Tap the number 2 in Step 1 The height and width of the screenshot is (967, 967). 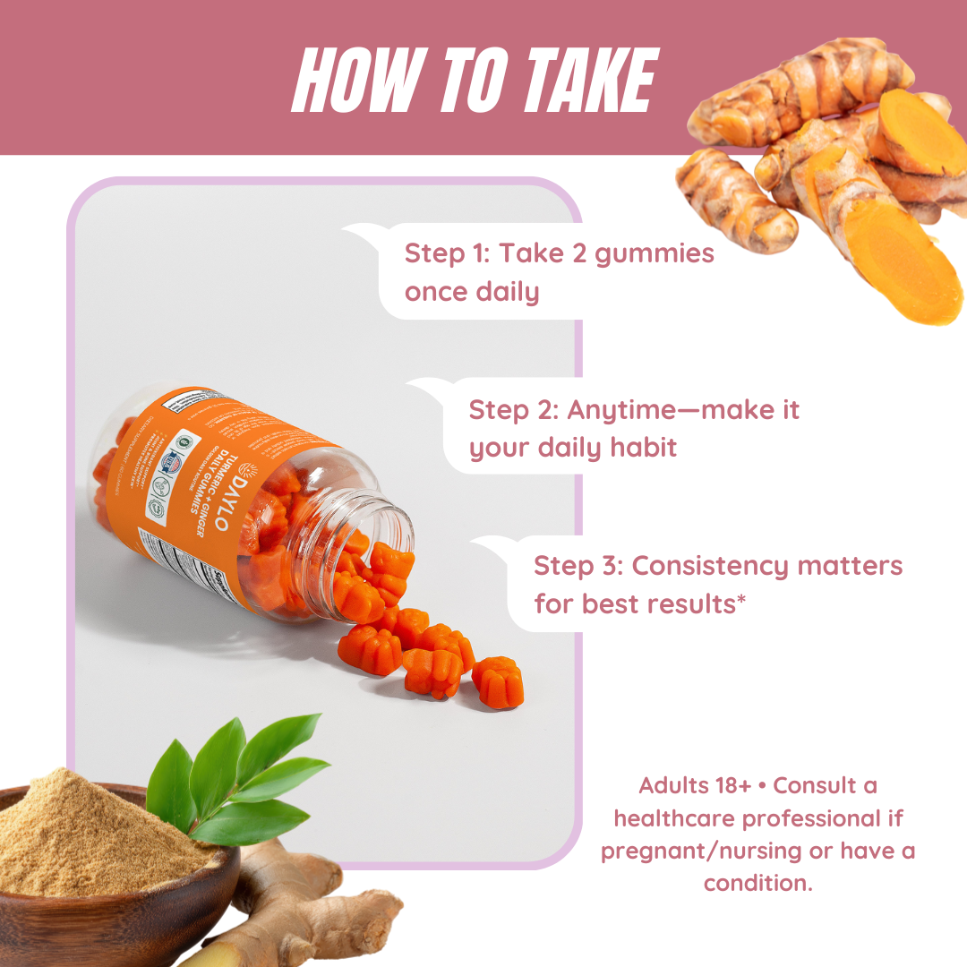(x=574, y=253)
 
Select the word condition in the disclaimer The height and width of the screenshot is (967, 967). (x=757, y=883)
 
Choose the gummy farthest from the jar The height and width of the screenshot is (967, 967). (x=497, y=680)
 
